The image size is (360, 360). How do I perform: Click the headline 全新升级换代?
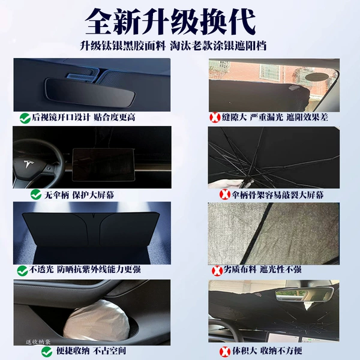click(170, 22)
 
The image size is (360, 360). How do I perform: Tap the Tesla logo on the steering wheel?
click(29, 165)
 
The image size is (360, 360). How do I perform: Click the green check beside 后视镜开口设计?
click(25, 118)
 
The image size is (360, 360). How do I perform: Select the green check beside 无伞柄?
click(36, 194)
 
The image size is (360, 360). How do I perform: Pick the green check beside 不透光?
click(23, 271)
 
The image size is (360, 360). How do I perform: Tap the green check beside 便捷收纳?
click(47, 352)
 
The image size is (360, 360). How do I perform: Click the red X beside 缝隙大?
click(215, 118)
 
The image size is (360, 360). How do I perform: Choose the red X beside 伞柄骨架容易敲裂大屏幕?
click(225, 194)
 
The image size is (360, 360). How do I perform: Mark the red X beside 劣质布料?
click(217, 270)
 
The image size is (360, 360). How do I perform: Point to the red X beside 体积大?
click(225, 352)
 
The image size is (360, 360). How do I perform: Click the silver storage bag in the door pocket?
click(96, 320)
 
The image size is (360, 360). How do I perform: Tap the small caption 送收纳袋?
click(38, 342)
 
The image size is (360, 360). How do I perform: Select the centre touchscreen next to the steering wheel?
click(103, 164)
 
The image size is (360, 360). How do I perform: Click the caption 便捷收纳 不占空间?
click(91, 351)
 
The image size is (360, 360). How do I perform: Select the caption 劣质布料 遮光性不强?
click(262, 269)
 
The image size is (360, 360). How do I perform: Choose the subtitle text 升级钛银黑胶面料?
click(123, 46)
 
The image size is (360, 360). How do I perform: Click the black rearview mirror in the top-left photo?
click(91, 92)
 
